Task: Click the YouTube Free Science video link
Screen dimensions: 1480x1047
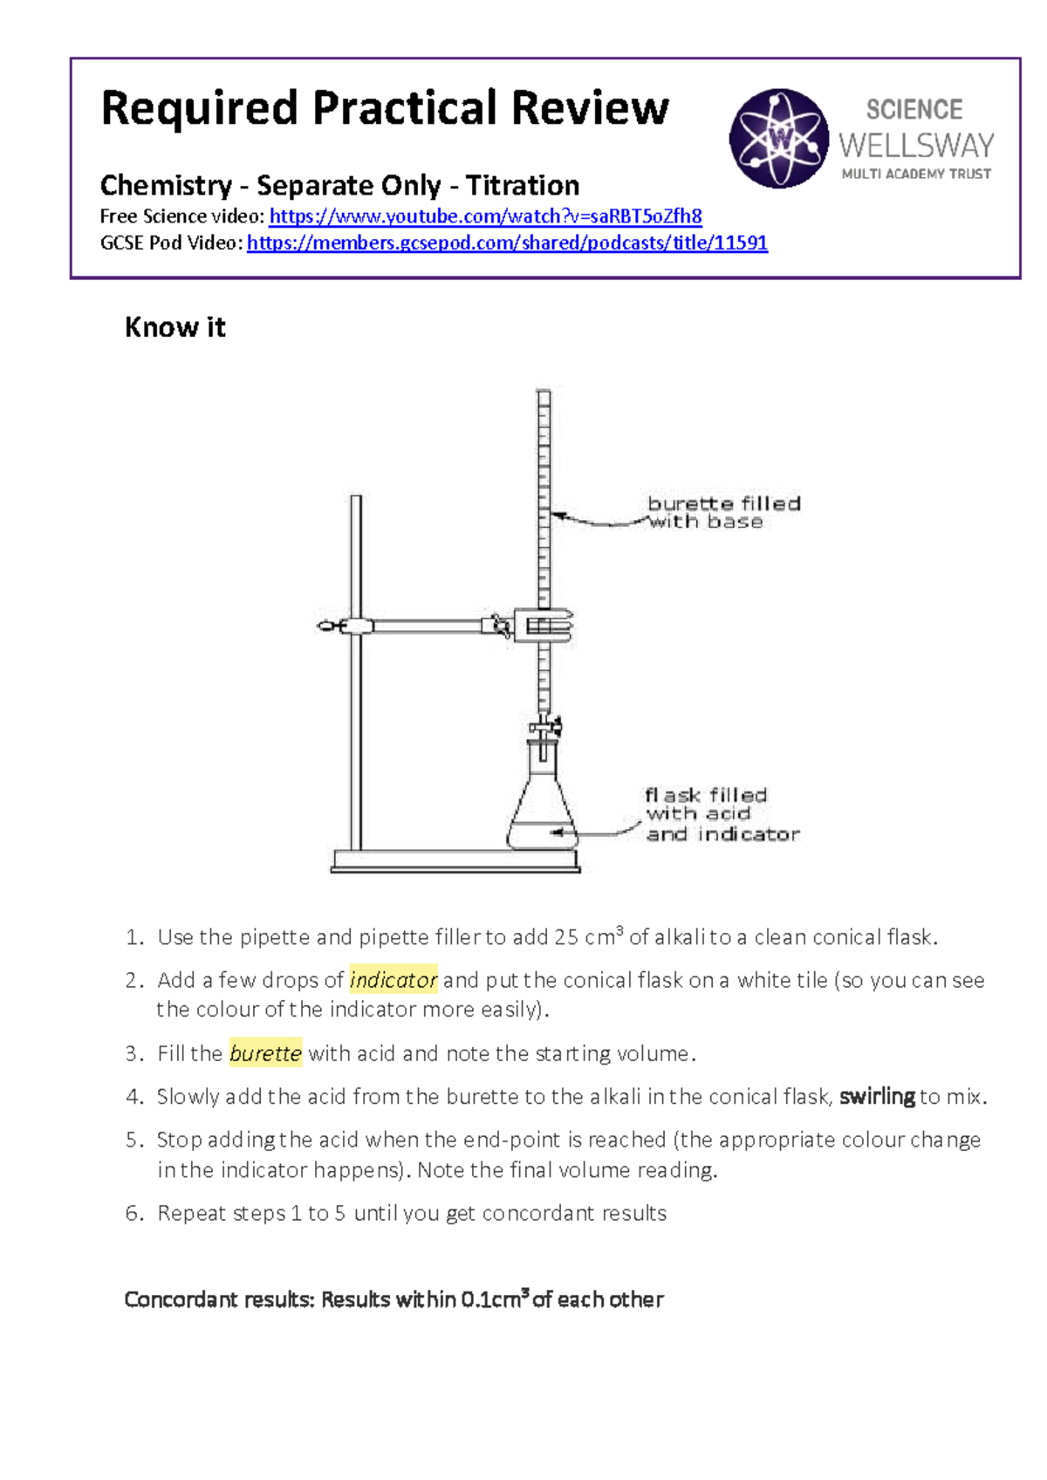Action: click(485, 216)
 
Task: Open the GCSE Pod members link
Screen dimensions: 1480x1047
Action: click(507, 243)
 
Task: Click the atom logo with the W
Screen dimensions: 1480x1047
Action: click(778, 138)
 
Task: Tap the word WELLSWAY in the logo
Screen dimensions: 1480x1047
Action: click(916, 145)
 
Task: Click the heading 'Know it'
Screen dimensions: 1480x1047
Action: click(174, 327)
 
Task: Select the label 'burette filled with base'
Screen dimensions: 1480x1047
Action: click(722, 512)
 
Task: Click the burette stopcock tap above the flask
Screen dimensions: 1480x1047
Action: click(546, 726)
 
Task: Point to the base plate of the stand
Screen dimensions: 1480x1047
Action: click(455, 863)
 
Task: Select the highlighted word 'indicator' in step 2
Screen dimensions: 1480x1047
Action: click(393, 980)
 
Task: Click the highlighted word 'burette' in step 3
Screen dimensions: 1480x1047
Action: click(265, 1053)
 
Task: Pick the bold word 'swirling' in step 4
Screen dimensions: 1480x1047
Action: click(877, 1097)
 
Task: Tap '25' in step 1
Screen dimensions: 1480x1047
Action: click(566, 937)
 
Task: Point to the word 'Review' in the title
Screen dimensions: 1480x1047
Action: click(590, 108)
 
